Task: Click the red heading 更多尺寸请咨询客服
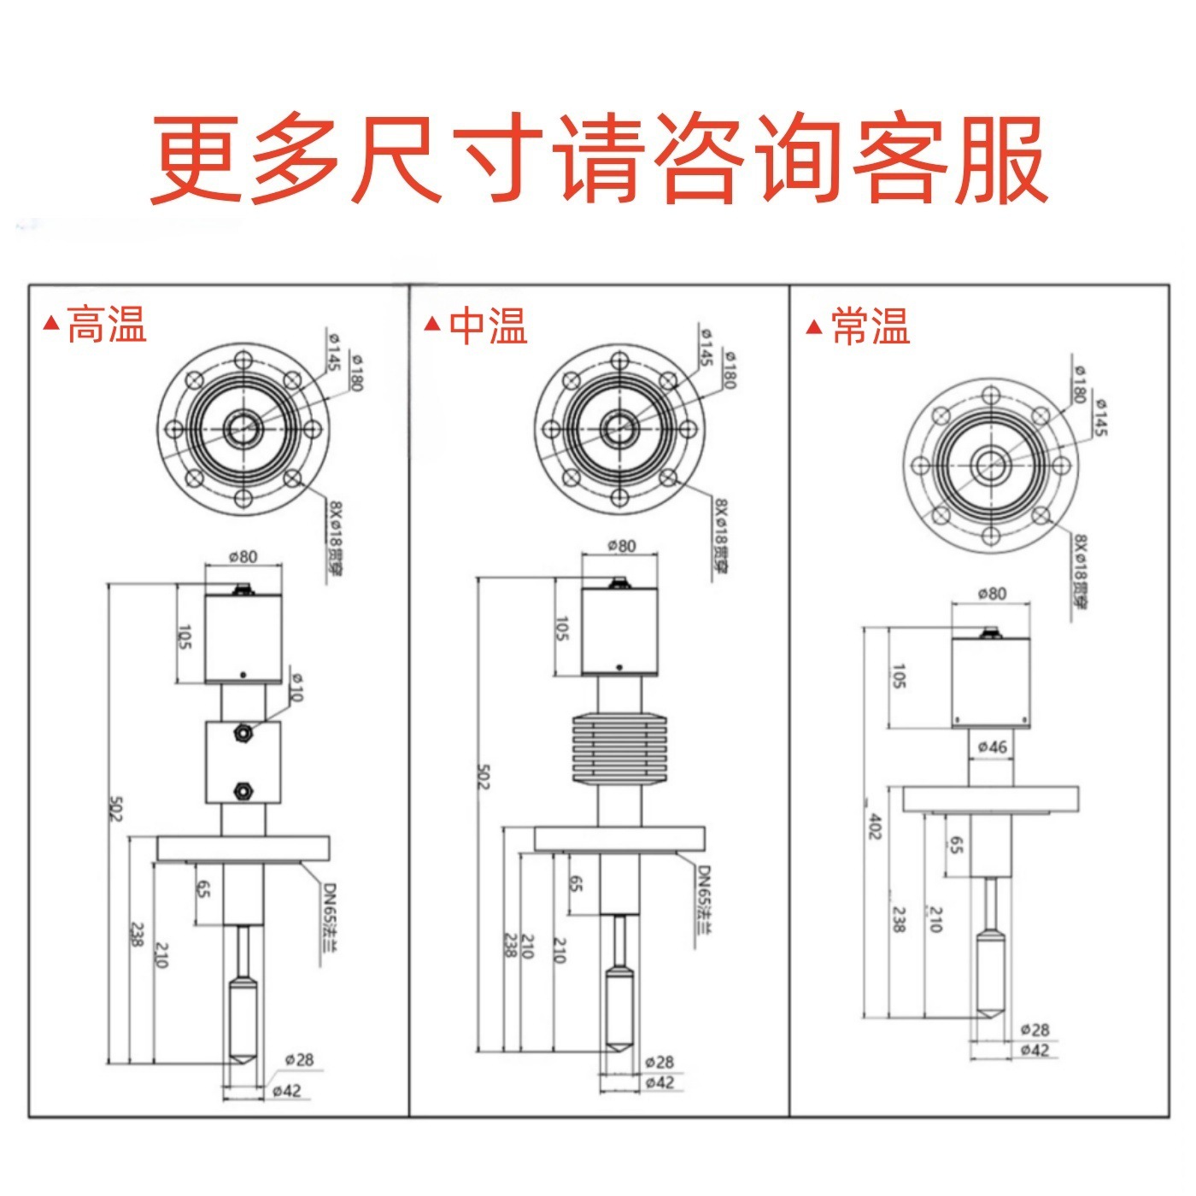[x=598, y=160]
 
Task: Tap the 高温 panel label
[x=107, y=325]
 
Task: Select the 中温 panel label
[x=488, y=325]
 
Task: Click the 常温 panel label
[x=871, y=325]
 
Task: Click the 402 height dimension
[x=873, y=825]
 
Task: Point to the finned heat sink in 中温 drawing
[x=619, y=747]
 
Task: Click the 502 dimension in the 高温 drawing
[x=116, y=808]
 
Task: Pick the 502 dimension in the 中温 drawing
[x=483, y=776]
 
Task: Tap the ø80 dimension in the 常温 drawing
[x=991, y=593]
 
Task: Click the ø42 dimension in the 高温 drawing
[x=287, y=1090]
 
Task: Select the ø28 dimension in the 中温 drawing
[x=660, y=1062]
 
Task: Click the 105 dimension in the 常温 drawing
[x=899, y=677]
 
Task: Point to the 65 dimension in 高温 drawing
[x=204, y=888]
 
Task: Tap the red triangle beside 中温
[x=433, y=324]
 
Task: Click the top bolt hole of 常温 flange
[x=991, y=396]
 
